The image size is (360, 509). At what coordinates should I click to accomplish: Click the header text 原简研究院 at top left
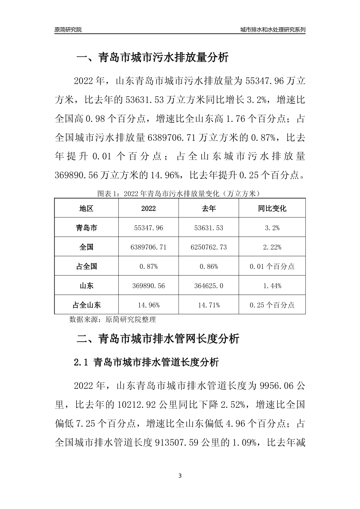[68, 30]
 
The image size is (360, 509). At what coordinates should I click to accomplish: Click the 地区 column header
[86, 208]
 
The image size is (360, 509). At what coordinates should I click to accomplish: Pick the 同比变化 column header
[272, 208]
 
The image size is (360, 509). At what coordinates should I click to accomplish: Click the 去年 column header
[209, 208]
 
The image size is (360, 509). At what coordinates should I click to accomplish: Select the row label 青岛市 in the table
[86, 228]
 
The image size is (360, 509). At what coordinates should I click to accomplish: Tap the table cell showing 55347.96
[149, 228]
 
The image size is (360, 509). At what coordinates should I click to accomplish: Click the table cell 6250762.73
[209, 247]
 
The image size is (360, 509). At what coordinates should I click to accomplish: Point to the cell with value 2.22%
[272, 247]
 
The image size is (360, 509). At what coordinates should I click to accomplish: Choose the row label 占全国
[86, 266]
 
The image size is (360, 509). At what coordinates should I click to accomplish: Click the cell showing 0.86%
[209, 266]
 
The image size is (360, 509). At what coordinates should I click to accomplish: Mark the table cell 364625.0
[209, 286]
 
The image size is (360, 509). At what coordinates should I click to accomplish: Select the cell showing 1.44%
[272, 286]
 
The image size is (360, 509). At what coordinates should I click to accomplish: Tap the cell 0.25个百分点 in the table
[272, 305]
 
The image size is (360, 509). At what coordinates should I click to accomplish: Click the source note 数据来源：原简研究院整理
[113, 319]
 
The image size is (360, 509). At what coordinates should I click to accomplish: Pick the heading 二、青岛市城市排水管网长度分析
[158, 338]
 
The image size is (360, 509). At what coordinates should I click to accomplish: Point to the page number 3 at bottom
[180, 476]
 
